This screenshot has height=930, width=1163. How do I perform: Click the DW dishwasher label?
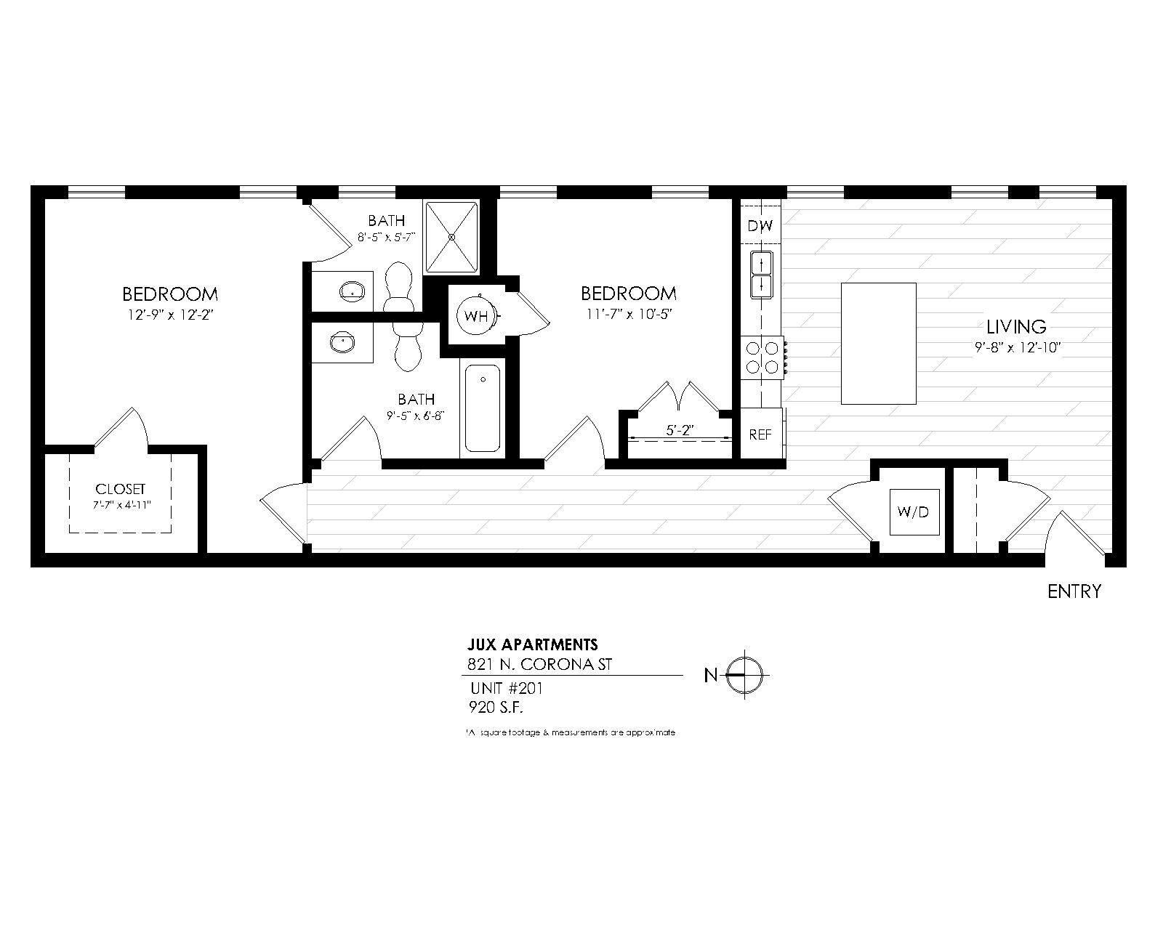[760, 226]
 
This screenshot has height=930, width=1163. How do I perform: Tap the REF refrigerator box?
[760, 434]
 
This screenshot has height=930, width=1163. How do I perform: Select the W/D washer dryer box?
[913, 512]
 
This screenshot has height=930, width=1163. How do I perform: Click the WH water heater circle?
[477, 316]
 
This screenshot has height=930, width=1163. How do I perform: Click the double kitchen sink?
[761, 273]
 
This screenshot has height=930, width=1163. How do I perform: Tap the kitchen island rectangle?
[878, 343]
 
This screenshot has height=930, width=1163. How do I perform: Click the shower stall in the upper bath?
[451, 237]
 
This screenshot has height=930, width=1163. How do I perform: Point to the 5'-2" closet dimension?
[680, 429]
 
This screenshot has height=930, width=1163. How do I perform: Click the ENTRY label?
[1074, 591]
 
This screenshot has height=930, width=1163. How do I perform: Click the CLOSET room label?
[121, 490]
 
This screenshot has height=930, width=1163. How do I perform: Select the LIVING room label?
[1016, 327]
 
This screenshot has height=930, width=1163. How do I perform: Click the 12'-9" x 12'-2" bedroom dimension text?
[169, 315]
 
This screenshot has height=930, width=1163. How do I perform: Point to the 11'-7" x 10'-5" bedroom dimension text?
[629, 314]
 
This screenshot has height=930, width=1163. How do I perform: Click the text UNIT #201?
[506, 688]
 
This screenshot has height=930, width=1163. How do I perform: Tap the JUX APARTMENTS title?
[532, 644]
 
